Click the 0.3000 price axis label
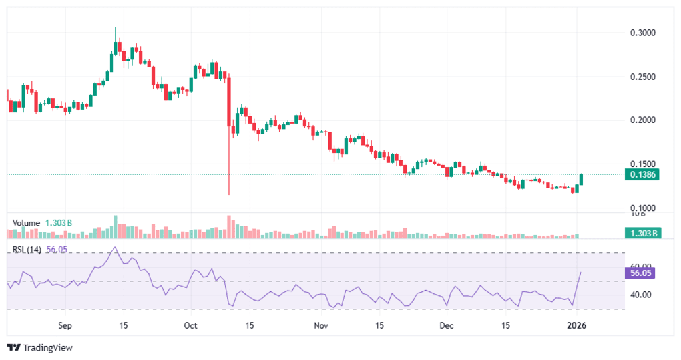pos(643,33)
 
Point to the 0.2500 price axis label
pos(643,77)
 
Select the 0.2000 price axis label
pos(643,120)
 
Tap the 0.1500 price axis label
pos(643,164)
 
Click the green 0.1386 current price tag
pos(642,174)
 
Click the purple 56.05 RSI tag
pos(642,272)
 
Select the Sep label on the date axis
pos(65,326)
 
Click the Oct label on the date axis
pos(190,326)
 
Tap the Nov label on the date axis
pos(321,326)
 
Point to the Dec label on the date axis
pos(447,326)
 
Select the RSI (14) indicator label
pos(27,250)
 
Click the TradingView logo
pos(39,347)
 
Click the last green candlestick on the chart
pos(582,180)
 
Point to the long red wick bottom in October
pos(229,194)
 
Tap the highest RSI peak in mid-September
pos(115,248)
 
